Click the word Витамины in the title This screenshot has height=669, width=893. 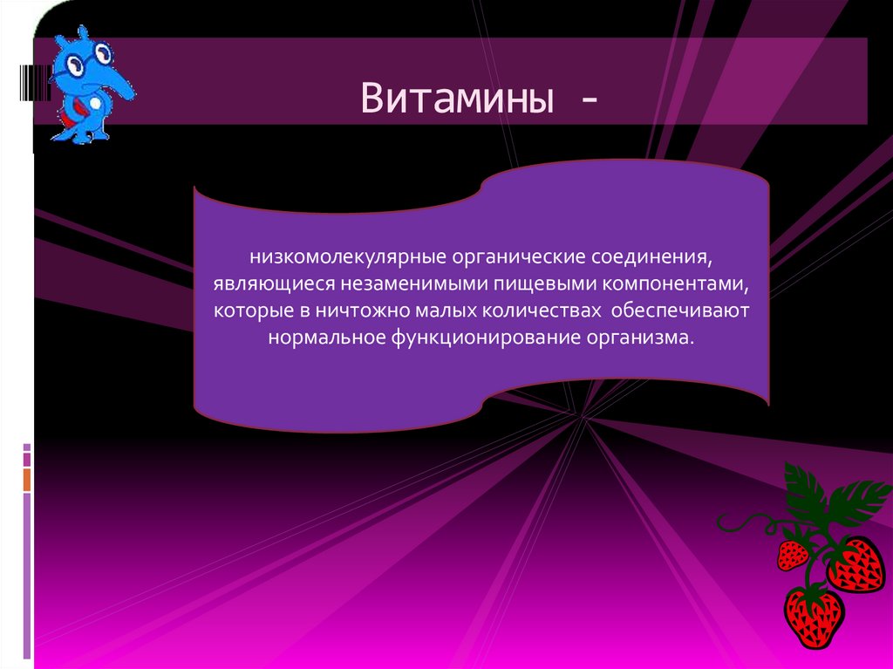coord(458,98)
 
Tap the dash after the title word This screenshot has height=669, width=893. coord(585,100)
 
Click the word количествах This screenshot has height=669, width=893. coord(542,311)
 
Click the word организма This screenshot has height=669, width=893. coord(646,338)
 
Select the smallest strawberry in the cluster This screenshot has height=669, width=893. coord(792,554)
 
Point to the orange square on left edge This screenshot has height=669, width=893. coord(27,479)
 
